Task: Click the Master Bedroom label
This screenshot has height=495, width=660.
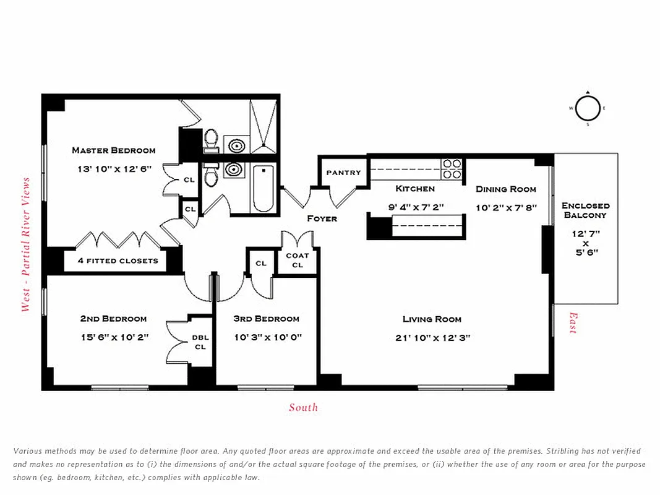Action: (113, 150)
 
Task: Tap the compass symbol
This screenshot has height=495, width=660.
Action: (588, 108)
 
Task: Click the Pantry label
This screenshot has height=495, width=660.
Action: (343, 173)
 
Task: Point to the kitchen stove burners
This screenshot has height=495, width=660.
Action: (452, 169)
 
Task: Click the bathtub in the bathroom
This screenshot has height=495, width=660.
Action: (263, 189)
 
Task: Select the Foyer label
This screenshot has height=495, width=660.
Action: (322, 218)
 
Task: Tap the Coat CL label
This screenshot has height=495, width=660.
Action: (298, 260)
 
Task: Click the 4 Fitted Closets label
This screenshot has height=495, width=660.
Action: (118, 260)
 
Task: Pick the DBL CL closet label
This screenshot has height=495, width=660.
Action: (200, 342)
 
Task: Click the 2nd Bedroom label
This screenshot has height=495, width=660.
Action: (113, 319)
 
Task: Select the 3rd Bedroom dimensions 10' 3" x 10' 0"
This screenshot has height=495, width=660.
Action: (266, 337)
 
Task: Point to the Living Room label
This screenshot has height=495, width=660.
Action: (432, 319)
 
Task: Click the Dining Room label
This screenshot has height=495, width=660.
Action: (505, 189)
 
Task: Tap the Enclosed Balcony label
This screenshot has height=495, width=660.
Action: (585, 210)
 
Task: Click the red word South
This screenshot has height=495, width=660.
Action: (303, 407)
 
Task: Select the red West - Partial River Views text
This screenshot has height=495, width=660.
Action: (25, 244)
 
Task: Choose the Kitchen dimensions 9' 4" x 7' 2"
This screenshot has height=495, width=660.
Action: (416, 207)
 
